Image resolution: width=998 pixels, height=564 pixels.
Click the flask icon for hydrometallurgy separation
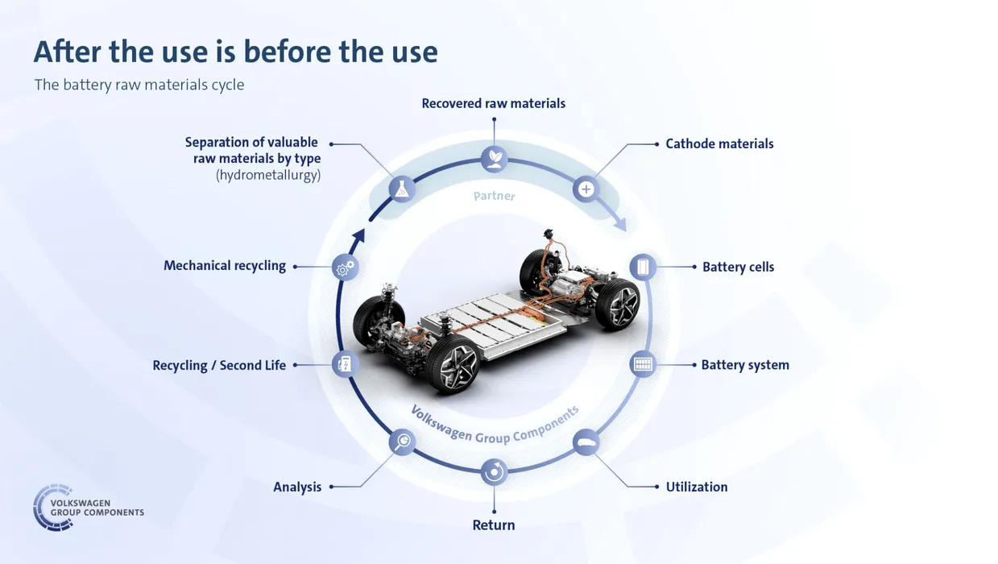pos(402,189)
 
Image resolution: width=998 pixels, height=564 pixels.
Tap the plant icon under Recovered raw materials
pos(494,159)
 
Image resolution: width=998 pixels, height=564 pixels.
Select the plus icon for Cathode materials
pos(586,189)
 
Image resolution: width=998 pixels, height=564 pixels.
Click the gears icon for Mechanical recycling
pos(346,267)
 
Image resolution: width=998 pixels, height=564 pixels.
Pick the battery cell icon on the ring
pos(643,267)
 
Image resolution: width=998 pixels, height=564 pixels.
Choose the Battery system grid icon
pos(643,364)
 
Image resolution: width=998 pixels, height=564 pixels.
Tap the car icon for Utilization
pos(586,442)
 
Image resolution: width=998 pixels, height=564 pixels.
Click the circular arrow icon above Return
pos(494,472)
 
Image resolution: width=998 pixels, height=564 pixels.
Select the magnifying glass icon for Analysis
pos(402,442)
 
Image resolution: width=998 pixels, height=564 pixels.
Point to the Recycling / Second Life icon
pos(346,364)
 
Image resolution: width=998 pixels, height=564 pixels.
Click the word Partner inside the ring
pos(494,196)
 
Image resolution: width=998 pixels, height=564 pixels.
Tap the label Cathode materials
pos(719,144)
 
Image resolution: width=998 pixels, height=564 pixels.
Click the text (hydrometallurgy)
pos(268,175)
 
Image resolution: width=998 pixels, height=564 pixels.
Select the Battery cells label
pos(739,267)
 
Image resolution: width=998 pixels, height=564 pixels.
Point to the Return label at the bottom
pos(494,525)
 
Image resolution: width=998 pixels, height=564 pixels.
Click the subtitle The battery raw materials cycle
pos(139,85)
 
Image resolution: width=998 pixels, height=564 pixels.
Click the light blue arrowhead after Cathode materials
pos(621,224)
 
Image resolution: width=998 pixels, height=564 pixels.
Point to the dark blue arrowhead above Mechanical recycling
pos(359,235)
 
